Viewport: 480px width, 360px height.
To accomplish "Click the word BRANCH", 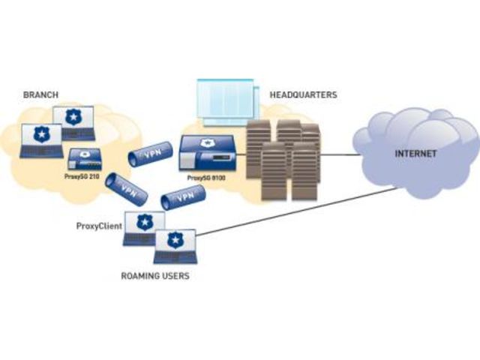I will pyautogui.click(x=40, y=95).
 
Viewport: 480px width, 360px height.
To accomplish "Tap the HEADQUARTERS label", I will pyautogui.click(x=304, y=95).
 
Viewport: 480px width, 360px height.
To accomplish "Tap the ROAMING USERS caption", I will pyautogui.click(x=155, y=276).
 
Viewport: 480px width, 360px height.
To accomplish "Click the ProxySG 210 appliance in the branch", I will pyautogui.click(x=85, y=158).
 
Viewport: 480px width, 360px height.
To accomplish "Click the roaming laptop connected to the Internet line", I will pyautogui.click(x=175, y=246).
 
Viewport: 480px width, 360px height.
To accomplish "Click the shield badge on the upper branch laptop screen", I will pyautogui.click(x=73, y=116).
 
